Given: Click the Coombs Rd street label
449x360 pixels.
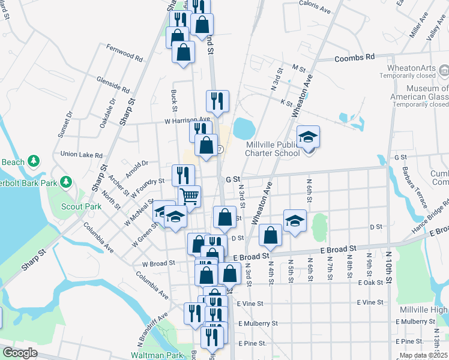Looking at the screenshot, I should pos(354,57).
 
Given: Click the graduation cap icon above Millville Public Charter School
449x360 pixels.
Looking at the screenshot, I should pos(308,137).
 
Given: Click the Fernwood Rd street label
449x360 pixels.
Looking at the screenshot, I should pos(124,53).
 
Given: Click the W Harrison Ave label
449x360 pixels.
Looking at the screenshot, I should pos(170,119).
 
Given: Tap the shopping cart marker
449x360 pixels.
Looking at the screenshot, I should pos(189,196).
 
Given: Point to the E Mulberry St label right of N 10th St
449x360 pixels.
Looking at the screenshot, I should pos(416,322).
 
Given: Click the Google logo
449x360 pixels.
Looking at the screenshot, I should pos(20,353).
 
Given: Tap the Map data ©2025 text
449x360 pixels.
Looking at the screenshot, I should pos(423,355).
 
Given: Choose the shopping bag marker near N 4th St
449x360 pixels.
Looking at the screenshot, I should pos(271,236).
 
